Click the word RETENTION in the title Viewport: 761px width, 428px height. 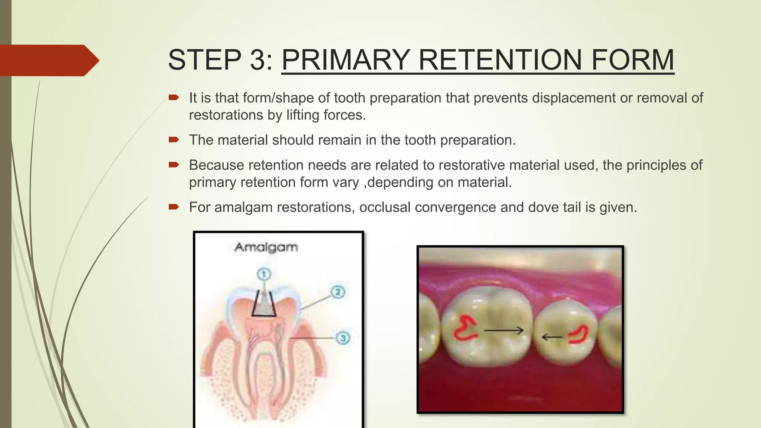[x=500, y=60]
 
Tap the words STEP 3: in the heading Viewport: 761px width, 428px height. [x=220, y=60]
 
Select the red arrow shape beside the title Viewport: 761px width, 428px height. [x=48, y=60]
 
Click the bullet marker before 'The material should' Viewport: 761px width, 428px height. [x=174, y=140]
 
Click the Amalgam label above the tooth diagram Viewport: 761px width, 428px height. [x=266, y=247]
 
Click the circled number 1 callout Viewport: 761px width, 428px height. [x=264, y=275]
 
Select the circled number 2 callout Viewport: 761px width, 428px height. [x=337, y=292]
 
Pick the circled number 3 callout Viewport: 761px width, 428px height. [x=343, y=338]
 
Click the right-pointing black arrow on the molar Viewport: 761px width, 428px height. [x=504, y=330]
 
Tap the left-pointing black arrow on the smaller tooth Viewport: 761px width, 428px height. [x=552, y=337]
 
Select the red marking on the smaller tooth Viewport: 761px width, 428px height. [x=579, y=334]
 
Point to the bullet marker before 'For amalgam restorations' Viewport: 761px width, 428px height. [x=174, y=207]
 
